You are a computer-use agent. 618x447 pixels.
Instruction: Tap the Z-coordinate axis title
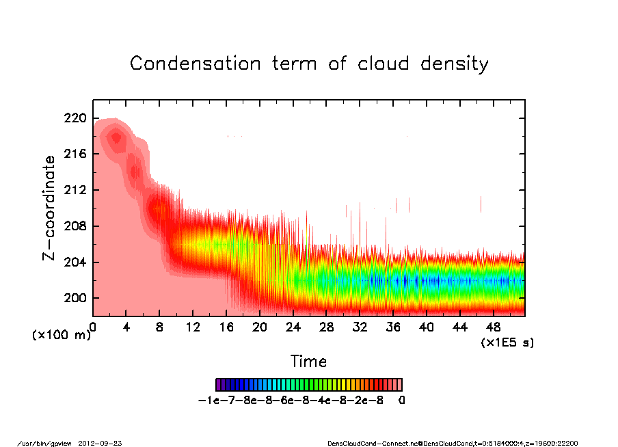(49, 207)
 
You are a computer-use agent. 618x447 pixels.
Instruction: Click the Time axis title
(308, 362)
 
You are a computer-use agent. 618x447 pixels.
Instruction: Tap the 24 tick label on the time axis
(293, 327)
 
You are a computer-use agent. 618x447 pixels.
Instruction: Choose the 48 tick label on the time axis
(494, 327)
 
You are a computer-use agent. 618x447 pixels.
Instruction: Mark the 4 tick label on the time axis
(126, 327)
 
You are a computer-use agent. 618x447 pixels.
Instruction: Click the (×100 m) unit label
(62, 335)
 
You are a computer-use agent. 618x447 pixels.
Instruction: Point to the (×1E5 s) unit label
(507, 342)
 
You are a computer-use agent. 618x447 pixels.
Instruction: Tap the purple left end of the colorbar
(218, 384)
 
